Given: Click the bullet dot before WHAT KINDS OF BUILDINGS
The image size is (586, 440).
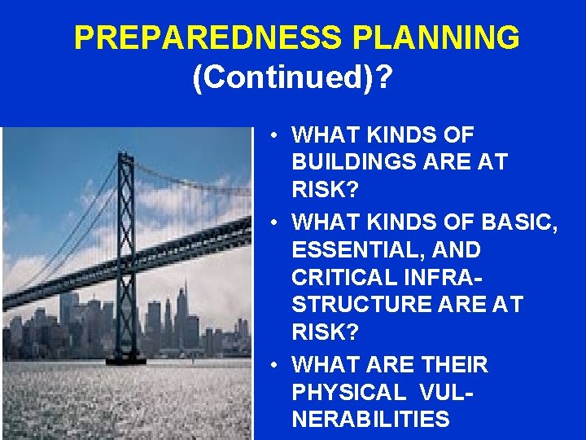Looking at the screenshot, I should [278, 134].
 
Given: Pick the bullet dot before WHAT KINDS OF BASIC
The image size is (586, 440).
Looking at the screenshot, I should [278, 221].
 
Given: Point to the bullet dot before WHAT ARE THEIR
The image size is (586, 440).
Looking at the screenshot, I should [278, 363].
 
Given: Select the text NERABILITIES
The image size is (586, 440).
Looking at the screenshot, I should [370, 420].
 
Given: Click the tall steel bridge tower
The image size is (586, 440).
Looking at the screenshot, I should [127, 244].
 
